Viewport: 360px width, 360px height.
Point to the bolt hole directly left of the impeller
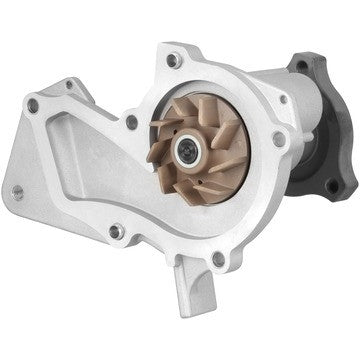[131, 121]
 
